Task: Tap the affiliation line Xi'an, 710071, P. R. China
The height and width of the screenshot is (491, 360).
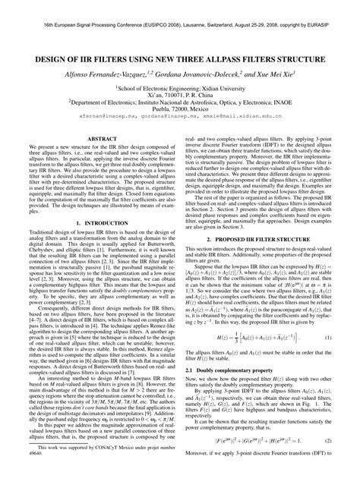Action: [180, 94]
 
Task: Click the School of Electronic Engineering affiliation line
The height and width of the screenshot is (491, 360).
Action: [180, 86]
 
